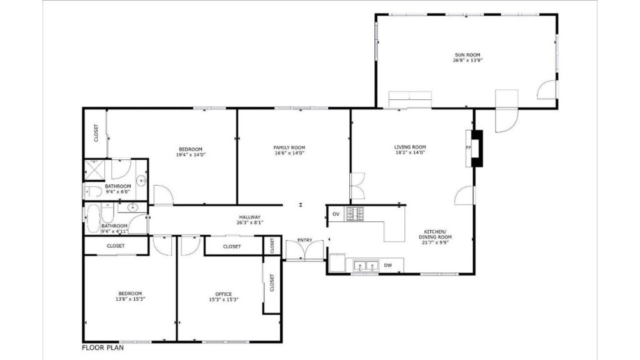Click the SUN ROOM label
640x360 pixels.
click(x=467, y=55)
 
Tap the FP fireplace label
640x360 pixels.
click(x=468, y=147)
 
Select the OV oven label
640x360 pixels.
click(x=336, y=214)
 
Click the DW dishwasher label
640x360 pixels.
click(x=387, y=265)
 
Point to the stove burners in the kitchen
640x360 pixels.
click(x=355, y=214)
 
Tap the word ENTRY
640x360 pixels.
click(x=304, y=240)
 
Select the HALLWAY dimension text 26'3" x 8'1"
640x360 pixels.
click(x=250, y=222)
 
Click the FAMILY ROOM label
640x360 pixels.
click(x=289, y=147)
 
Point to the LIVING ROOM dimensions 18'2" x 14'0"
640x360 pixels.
click(x=410, y=152)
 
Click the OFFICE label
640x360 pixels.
click(x=223, y=294)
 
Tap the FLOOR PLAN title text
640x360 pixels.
click(x=102, y=347)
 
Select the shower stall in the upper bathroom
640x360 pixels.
click(x=94, y=170)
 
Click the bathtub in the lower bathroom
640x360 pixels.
click(x=93, y=219)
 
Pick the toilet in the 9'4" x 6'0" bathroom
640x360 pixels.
click(x=93, y=191)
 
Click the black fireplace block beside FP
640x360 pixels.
click(x=477, y=148)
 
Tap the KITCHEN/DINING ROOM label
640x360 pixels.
click(x=435, y=234)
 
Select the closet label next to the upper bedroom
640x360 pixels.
click(x=96, y=133)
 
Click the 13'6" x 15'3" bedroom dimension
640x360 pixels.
click(x=130, y=299)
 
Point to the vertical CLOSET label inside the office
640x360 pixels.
click(x=272, y=282)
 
